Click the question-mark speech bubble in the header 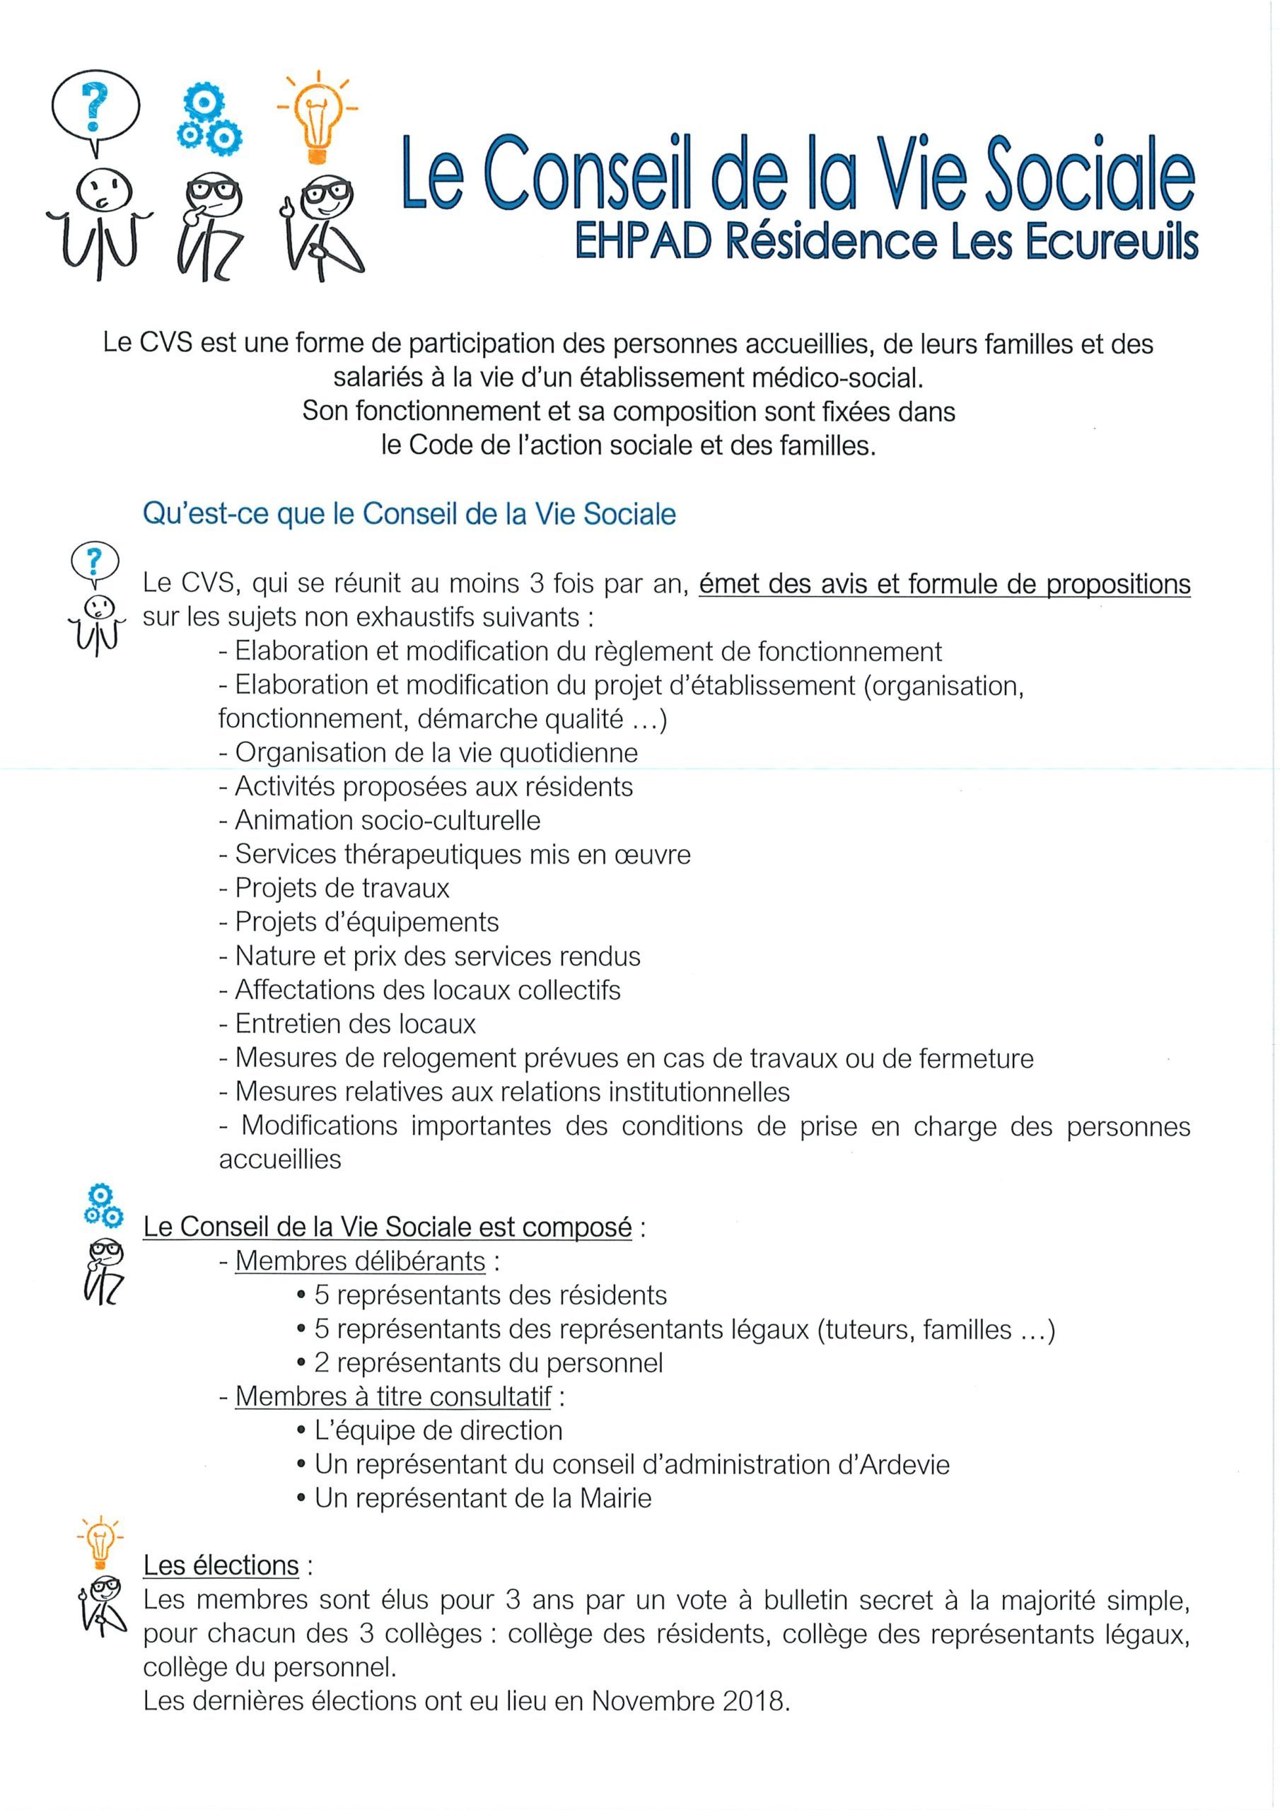(x=95, y=110)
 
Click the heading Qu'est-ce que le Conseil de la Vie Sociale (x=409, y=514)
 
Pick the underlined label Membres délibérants (x=360, y=1261)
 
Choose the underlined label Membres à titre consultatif (x=392, y=1396)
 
